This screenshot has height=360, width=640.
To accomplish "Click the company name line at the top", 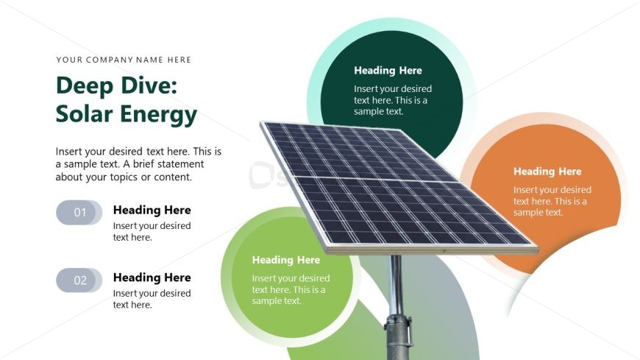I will (x=124, y=60).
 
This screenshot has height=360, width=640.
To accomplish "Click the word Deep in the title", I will (x=83, y=86).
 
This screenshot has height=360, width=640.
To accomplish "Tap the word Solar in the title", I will (x=82, y=114).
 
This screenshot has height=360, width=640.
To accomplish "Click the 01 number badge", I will (x=79, y=213).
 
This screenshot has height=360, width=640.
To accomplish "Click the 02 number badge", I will (x=79, y=280).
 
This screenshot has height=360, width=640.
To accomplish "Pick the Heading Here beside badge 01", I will (x=152, y=210).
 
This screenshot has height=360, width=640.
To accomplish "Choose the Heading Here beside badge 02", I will (x=152, y=278).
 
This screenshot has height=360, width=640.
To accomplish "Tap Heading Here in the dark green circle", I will (x=388, y=71).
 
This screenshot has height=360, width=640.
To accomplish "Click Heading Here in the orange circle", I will (x=547, y=172).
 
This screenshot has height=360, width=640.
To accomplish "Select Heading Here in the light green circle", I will (x=285, y=260).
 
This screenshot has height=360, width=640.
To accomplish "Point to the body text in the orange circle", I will (x=552, y=201).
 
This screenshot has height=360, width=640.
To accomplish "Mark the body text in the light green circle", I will (x=290, y=289).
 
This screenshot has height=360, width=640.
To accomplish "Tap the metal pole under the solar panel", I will (x=396, y=283).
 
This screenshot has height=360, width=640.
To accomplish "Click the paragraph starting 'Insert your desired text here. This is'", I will (x=138, y=164).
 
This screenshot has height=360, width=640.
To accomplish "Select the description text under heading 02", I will (x=152, y=299).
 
